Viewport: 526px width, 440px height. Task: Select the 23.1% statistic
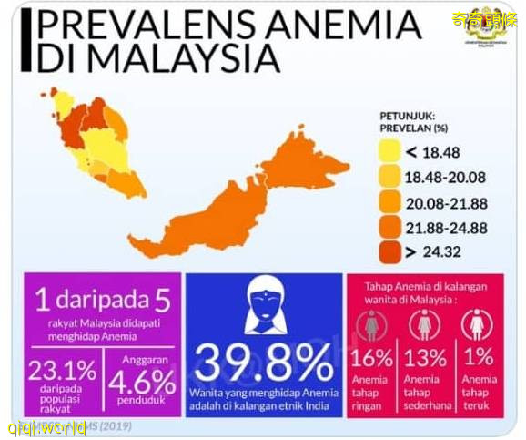click(x=64, y=371)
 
